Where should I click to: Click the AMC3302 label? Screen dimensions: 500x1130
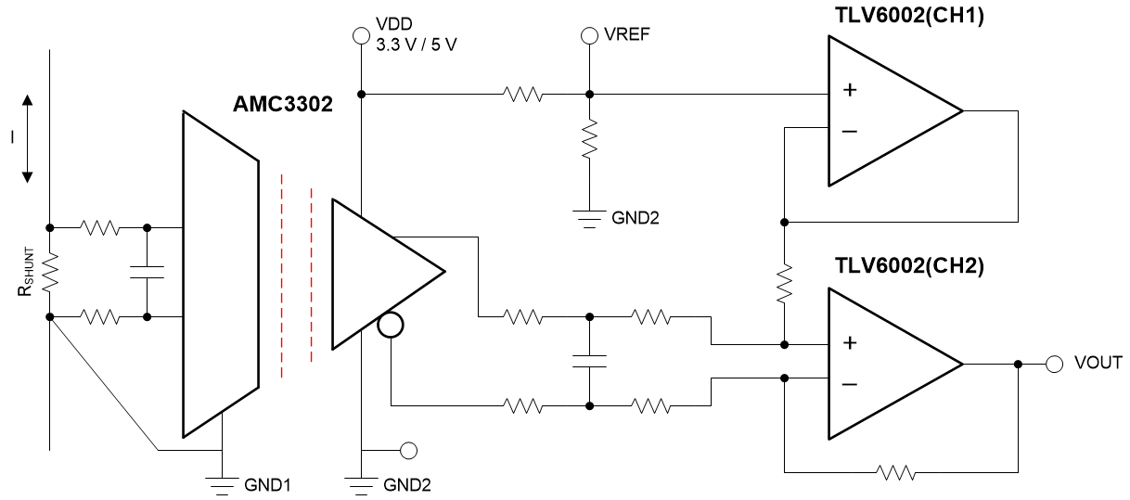[284, 101]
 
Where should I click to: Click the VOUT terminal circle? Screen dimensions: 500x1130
[1054, 364]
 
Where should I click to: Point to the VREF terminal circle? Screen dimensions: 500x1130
[588, 36]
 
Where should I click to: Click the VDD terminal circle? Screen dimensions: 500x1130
[361, 36]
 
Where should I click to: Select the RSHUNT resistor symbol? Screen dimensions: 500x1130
[50, 271]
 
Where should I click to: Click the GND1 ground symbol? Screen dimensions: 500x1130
[223, 482]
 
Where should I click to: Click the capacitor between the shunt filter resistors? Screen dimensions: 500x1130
[148, 271]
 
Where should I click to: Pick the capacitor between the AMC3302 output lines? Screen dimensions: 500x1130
[588, 361]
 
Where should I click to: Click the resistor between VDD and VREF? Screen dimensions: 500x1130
[522, 94]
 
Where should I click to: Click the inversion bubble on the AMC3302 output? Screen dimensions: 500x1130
[392, 326]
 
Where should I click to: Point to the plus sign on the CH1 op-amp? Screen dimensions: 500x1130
[848, 91]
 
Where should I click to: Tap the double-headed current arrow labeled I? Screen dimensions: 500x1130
[27, 137]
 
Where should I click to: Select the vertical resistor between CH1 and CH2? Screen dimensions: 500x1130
[785, 283]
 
